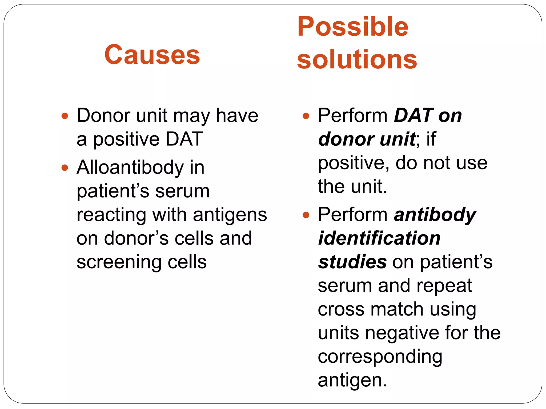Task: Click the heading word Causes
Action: click(x=152, y=55)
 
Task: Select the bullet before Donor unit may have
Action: click(x=65, y=116)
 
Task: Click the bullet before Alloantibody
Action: click(x=65, y=168)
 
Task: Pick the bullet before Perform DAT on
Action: click(x=306, y=116)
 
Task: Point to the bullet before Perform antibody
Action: click(x=306, y=215)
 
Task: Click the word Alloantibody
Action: click(x=130, y=167)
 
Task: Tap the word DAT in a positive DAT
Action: click(x=184, y=139)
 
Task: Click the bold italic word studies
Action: click(x=352, y=262)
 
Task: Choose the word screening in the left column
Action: click(x=119, y=262)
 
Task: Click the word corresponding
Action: click(x=380, y=357)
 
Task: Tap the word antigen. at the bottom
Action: click(x=352, y=381)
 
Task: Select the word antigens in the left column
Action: click(x=230, y=215)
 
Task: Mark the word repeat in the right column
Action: click(x=444, y=286)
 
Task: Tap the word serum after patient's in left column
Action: click(x=182, y=191)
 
